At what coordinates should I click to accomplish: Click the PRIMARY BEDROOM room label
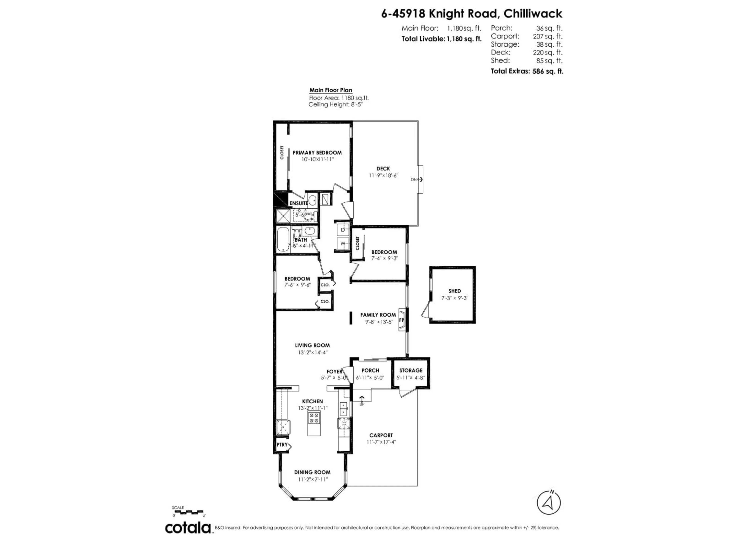click(317, 152)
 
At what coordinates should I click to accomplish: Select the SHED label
click(454, 291)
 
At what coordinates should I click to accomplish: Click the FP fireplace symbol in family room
click(402, 320)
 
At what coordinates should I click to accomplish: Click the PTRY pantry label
click(282, 445)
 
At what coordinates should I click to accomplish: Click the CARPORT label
click(381, 435)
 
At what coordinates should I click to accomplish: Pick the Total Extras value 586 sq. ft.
click(547, 71)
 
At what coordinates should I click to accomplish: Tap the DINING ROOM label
click(312, 472)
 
